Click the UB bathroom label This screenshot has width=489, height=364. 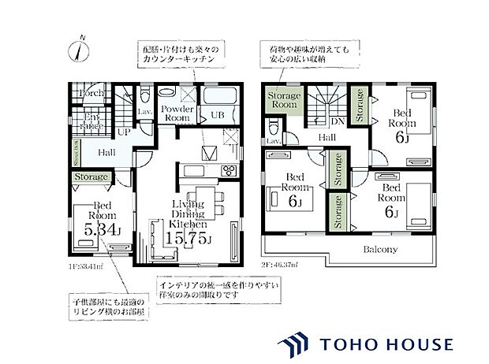215,115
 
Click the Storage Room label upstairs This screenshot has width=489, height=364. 282,101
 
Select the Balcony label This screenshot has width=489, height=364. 379,250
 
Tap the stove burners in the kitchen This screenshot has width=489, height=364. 227,170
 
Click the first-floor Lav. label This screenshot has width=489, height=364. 145,112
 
